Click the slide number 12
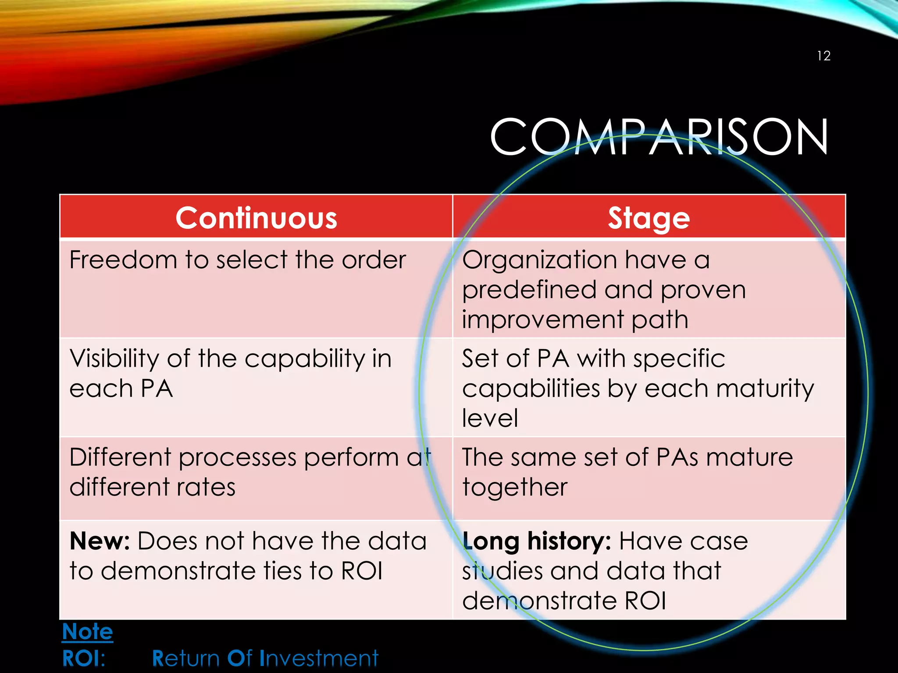pos(823,56)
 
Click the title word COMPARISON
pos(659,137)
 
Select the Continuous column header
pos(256,218)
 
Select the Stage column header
pos(649,218)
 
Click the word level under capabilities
pos(490,418)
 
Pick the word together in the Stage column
pos(515,488)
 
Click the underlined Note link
pos(88,632)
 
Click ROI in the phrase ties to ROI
pos(362,571)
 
